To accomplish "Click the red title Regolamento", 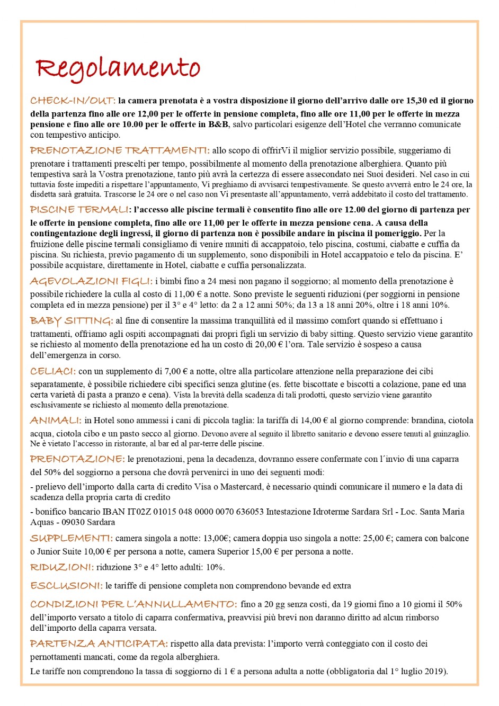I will point(118,69).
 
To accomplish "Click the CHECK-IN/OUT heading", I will point(73,101).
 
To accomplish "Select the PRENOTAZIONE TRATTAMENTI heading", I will point(120,150).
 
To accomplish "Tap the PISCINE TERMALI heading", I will point(79,210).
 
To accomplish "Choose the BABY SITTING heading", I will point(72,320).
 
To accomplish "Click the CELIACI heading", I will point(53,371).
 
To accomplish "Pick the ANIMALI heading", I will point(56,421).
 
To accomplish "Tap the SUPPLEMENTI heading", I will point(72,538).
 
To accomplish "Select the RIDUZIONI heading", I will point(62,567).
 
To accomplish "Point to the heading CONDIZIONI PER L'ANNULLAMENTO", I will point(133,604).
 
